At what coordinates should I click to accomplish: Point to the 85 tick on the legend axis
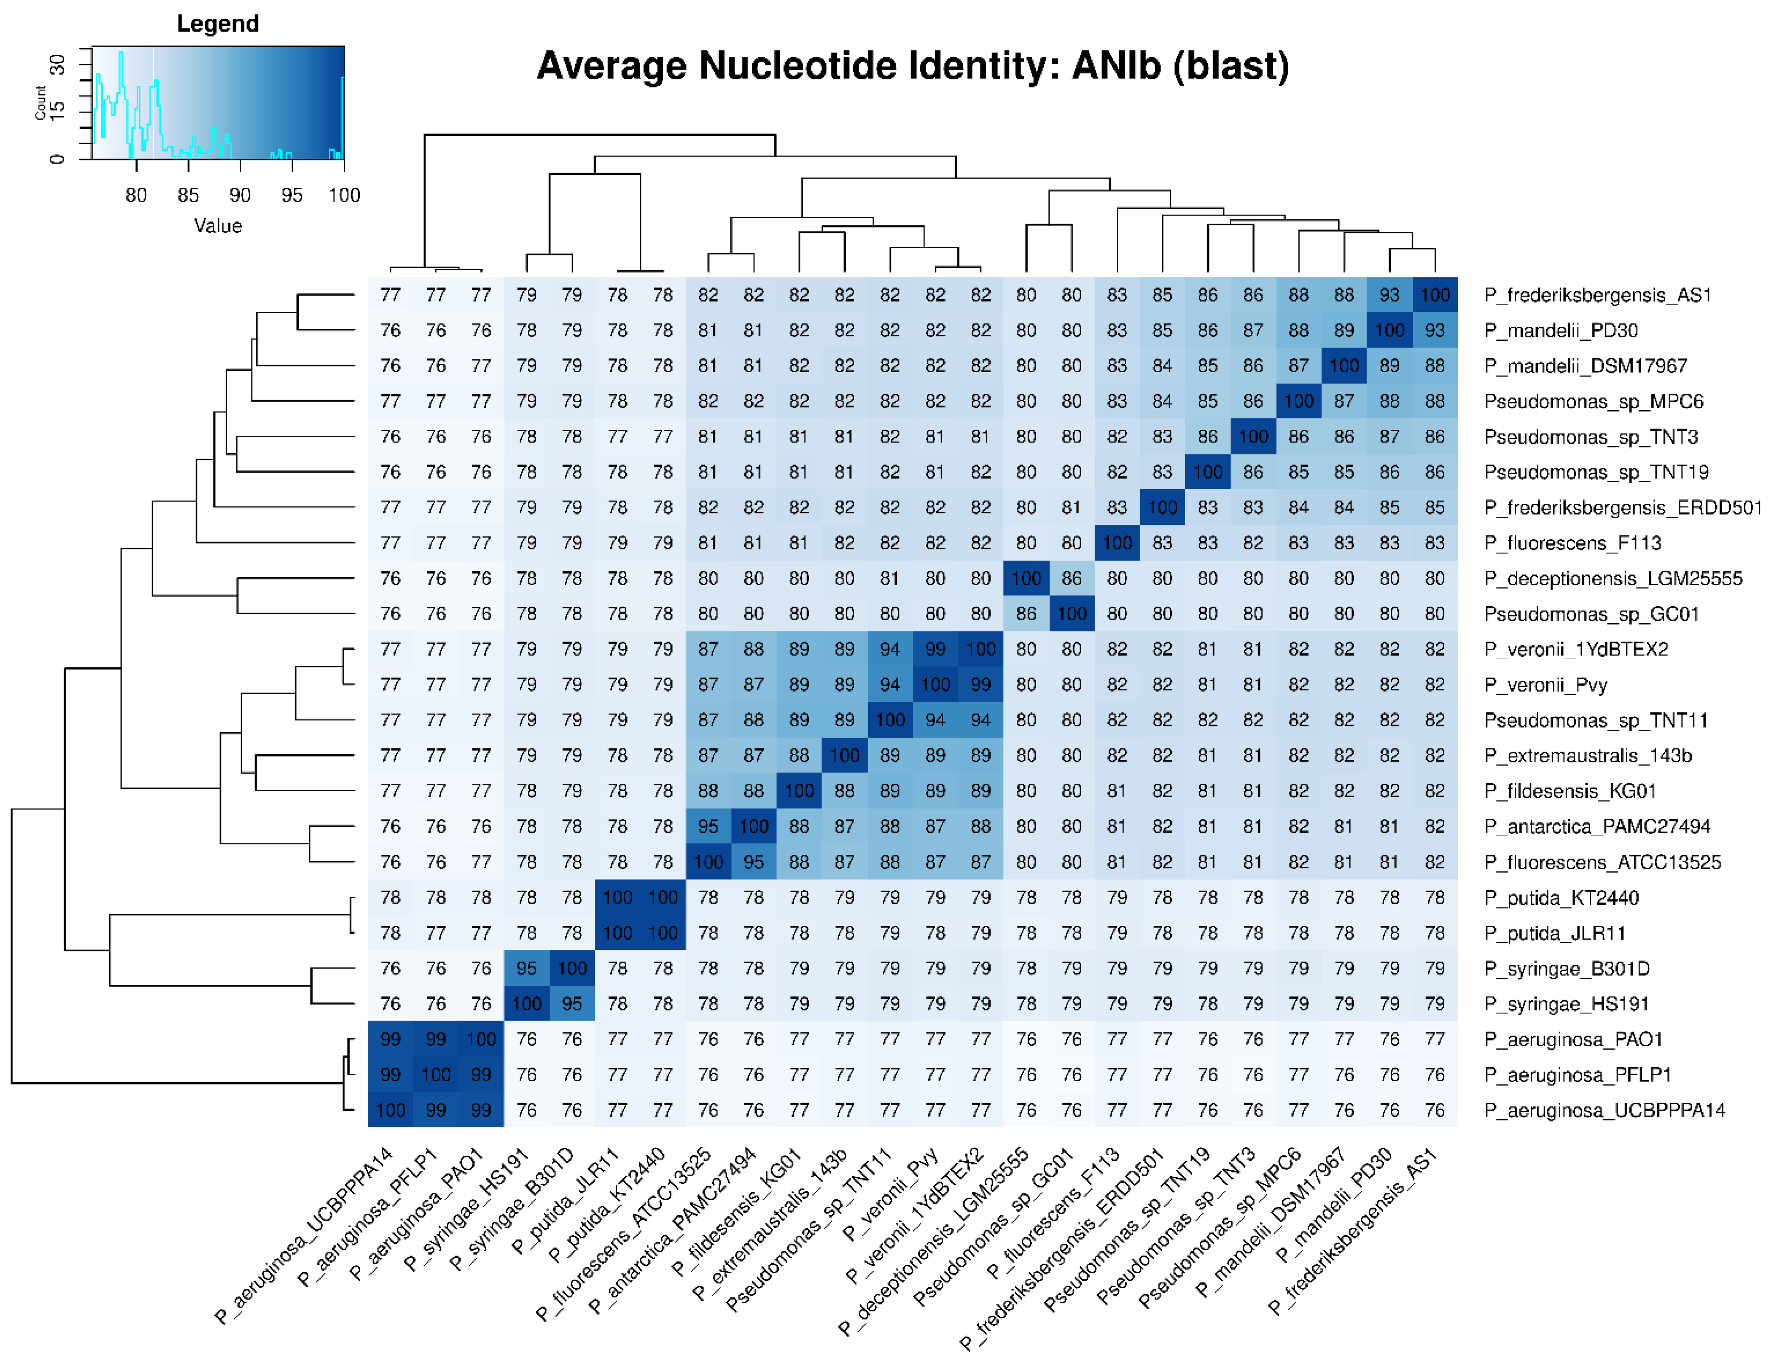[188, 195]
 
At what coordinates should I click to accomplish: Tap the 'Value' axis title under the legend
[217, 225]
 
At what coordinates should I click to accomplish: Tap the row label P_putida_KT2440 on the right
[1561, 898]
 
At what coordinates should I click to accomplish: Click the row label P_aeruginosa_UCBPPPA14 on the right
[1604, 1110]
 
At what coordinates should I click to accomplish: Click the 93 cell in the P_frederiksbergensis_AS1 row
[1389, 295]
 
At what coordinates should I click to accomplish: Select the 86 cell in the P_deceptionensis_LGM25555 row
[1071, 578]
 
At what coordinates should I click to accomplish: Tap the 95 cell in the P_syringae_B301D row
[526, 968]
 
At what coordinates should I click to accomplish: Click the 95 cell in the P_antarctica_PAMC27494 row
[708, 826]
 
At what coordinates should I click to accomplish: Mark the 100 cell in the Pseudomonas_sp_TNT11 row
[890, 720]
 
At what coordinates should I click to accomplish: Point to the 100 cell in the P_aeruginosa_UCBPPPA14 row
[390, 1110]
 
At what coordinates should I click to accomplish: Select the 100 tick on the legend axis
[344, 195]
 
